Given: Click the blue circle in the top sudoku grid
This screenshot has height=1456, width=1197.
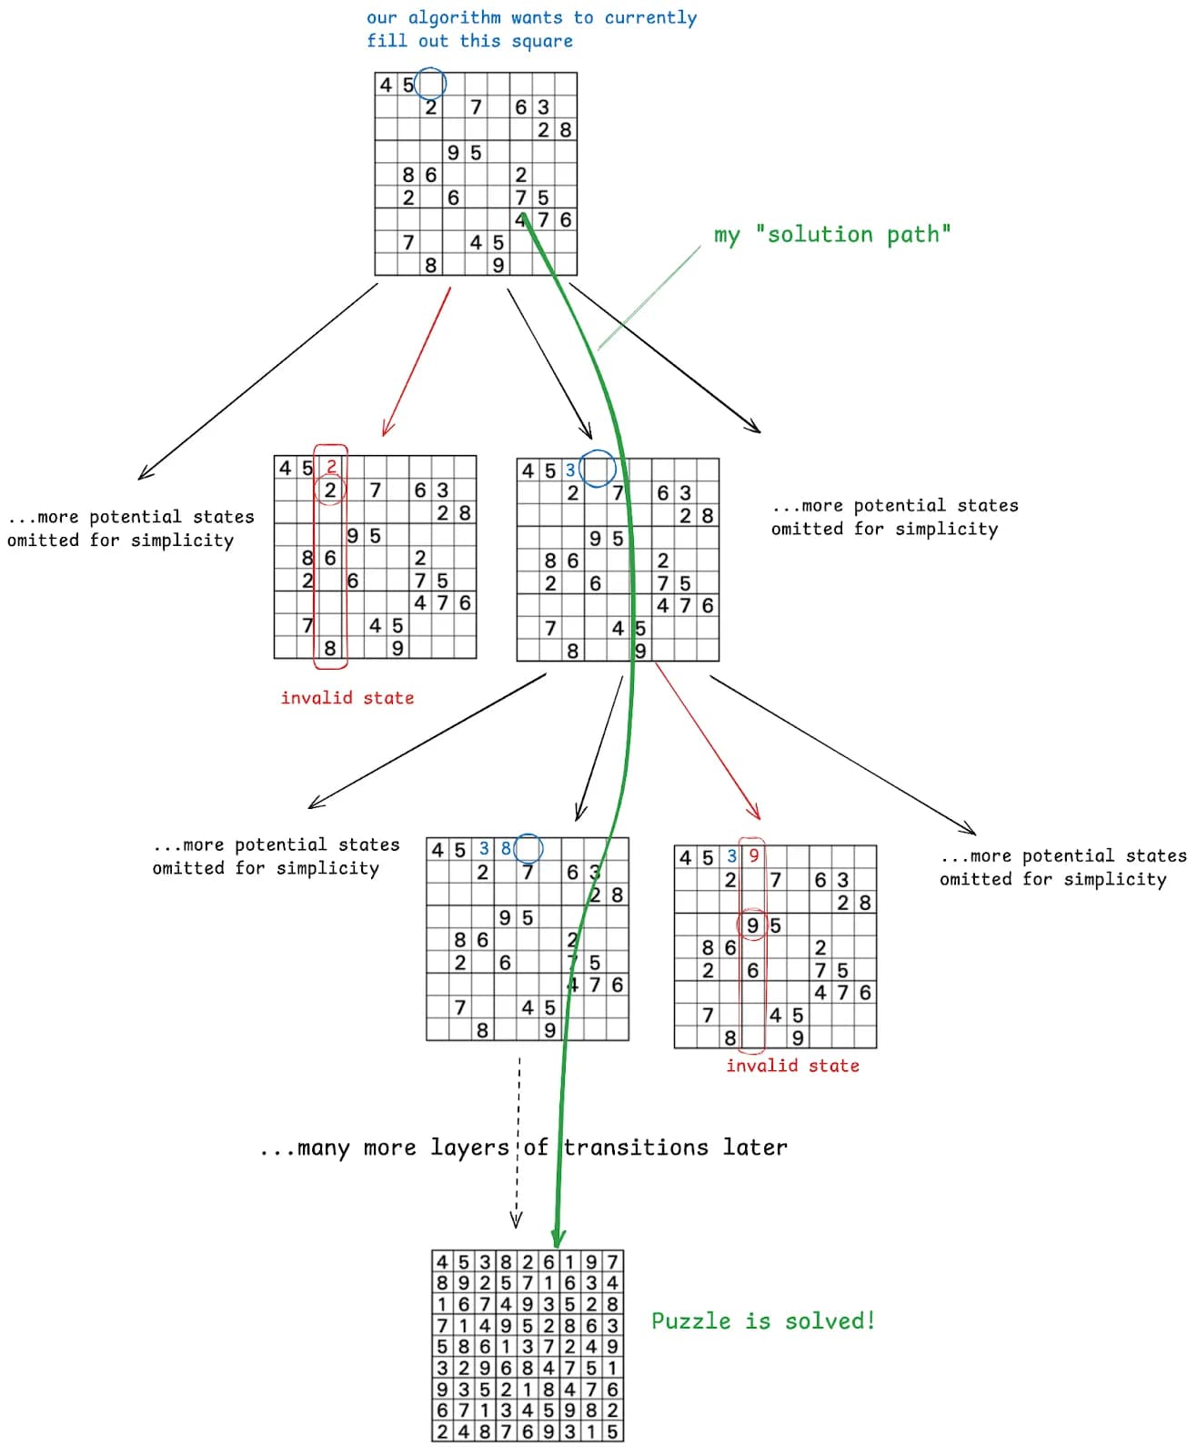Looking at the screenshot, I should (430, 84).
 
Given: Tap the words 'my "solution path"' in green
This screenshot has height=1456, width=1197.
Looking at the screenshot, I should (832, 235).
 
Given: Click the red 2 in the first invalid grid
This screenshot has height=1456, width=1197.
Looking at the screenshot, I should (331, 467).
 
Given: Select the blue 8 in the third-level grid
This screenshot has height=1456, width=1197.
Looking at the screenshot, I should (506, 848).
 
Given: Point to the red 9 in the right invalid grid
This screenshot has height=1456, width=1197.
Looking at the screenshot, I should (753, 855).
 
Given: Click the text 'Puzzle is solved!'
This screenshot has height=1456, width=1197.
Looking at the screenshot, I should (763, 1320).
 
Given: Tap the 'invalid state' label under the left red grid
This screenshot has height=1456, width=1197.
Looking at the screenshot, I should (347, 698).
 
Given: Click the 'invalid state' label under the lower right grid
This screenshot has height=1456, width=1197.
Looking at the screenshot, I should (792, 1066).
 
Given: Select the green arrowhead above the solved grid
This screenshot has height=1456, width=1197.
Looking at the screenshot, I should (558, 1238).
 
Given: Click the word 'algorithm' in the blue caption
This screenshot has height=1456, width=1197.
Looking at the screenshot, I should (454, 18).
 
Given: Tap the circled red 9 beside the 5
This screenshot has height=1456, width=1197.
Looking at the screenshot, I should (752, 925).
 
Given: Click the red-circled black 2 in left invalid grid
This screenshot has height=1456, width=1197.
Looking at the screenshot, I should (330, 490).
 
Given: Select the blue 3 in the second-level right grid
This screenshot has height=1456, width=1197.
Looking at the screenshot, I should (570, 470).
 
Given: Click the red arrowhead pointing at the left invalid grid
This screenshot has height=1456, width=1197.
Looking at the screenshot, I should (387, 430).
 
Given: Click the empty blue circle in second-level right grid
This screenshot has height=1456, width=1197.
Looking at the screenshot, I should (598, 469).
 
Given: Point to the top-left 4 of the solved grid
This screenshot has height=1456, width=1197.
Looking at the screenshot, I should (442, 1261).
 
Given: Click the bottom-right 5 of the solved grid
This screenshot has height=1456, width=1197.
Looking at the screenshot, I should (613, 1431).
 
